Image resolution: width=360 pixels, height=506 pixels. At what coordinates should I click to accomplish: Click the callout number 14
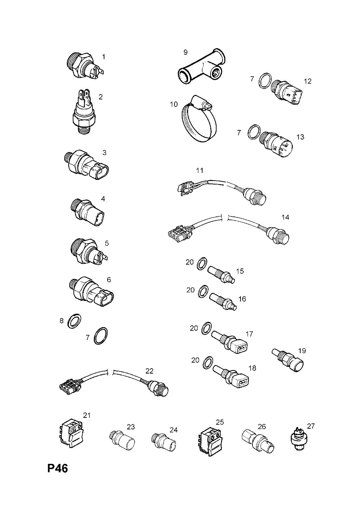[x=285, y=217]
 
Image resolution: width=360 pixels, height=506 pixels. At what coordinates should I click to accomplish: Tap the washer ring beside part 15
[x=201, y=264]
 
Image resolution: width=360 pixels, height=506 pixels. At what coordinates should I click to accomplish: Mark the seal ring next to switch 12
[x=264, y=81]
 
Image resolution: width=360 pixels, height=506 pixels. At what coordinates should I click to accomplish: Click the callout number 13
[x=300, y=137]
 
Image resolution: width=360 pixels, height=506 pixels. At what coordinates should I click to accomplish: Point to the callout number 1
[x=103, y=57]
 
